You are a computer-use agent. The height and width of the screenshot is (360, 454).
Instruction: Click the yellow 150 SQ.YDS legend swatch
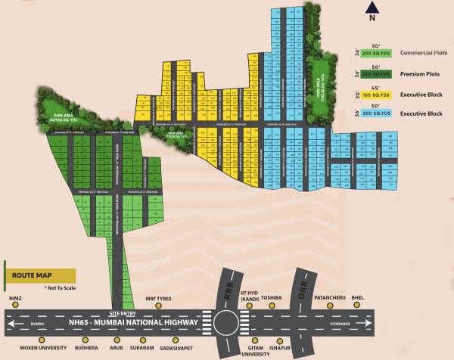[x=376, y=94]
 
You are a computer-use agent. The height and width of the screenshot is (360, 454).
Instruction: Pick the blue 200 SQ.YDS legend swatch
[x=376, y=113]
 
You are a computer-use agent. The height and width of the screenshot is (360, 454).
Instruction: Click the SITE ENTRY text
[x=122, y=312]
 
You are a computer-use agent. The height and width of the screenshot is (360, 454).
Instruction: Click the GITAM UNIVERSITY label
[x=256, y=352]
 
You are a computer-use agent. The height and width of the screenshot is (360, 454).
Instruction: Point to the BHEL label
[x=360, y=298]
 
